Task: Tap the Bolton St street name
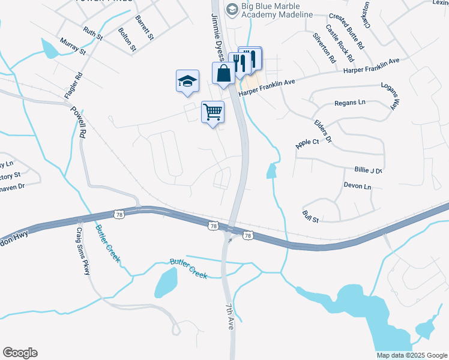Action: click(127, 39)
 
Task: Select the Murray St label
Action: click(74, 46)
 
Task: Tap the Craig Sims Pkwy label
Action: click(82, 251)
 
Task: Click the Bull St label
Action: click(311, 217)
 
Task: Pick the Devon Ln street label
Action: click(358, 187)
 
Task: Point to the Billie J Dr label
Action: click(368, 170)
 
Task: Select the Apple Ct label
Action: click(307, 143)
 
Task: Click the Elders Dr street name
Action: click(323, 131)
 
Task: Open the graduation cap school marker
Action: click(187, 81)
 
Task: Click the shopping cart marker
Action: click(213, 112)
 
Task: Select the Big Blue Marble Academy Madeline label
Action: click(276, 10)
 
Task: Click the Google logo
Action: click(20, 353)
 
